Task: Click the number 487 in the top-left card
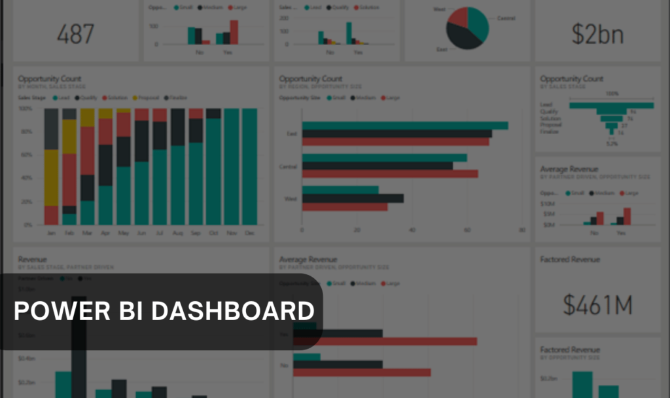[x=75, y=34]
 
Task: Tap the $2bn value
[x=597, y=34]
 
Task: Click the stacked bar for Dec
[x=249, y=166]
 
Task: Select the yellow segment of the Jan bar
[x=51, y=177]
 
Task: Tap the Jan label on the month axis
[x=51, y=233]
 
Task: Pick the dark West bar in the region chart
[x=353, y=198]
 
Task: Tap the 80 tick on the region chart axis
[x=521, y=230]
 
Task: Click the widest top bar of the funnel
[x=611, y=105]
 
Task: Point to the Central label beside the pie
[x=506, y=18]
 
